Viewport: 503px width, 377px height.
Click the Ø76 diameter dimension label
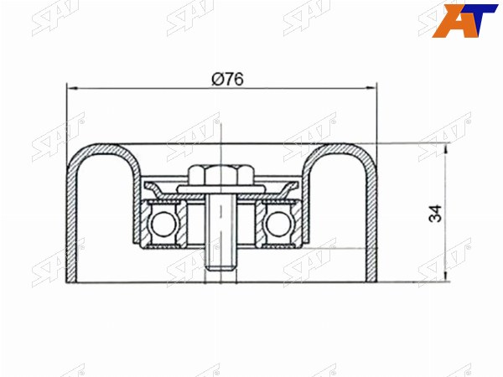(x=227, y=79)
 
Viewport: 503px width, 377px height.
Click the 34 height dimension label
(x=435, y=213)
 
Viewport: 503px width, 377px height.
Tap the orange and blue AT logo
(x=464, y=20)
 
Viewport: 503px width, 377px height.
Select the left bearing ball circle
(x=163, y=224)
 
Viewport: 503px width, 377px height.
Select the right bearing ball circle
(x=277, y=224)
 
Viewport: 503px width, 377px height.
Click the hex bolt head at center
(x=220, y=176)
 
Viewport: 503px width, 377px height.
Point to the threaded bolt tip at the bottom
(x=220, y=266)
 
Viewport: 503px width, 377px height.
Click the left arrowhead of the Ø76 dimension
(x=71, y=87)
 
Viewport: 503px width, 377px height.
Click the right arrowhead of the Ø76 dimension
(x=372, y=87)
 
